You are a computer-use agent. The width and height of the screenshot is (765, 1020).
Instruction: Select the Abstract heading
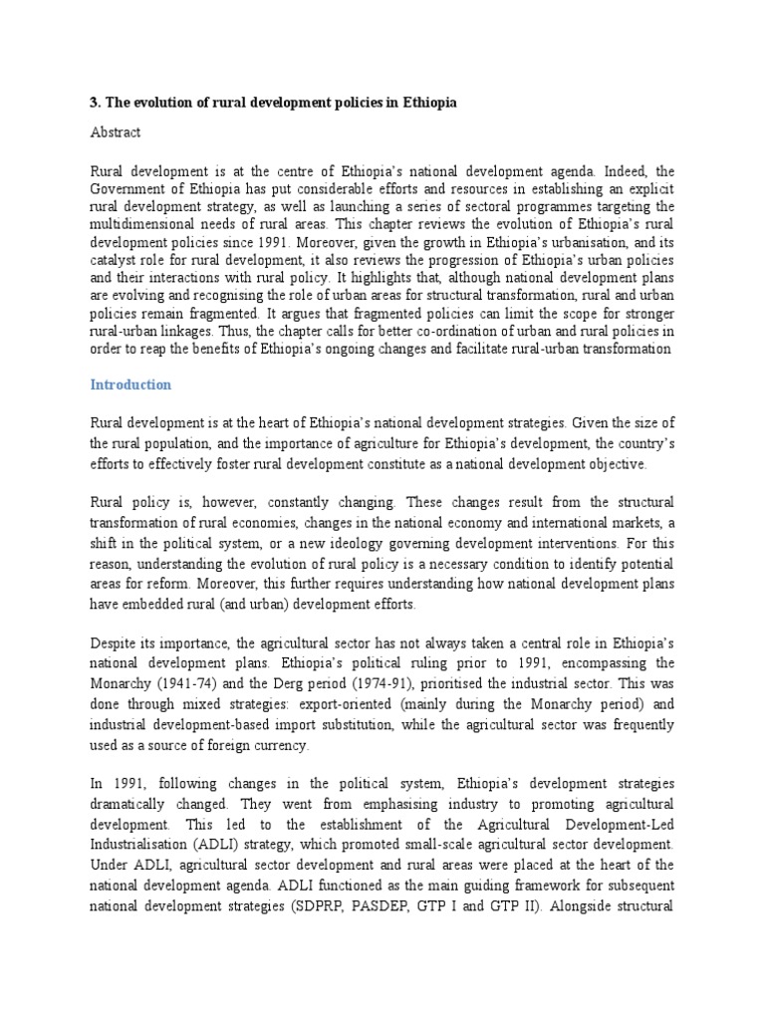coord(115,131)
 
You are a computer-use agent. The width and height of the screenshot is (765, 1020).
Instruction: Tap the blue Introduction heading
coord(131,384)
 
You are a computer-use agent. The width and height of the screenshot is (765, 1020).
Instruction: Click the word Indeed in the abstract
coord(620,170)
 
